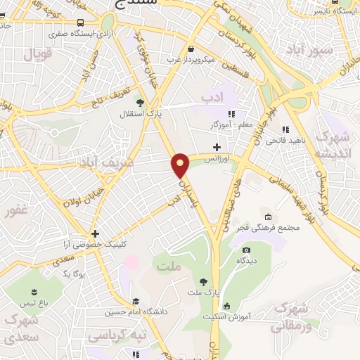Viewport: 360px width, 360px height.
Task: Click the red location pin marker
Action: pyautogui.click(x=181, y=165)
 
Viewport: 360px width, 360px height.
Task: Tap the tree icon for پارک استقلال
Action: pyautogui.click(x=139, y=103)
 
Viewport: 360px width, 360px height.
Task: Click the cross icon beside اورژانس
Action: pyautogui.click(x=217, y=146)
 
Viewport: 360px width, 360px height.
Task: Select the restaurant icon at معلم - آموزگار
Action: pyautogui.click(x=231, y=115)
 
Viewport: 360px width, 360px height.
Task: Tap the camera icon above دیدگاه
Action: pyautogui.click(x=246, y=250)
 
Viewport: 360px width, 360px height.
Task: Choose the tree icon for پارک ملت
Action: pyautogui.click(x=204, y=281)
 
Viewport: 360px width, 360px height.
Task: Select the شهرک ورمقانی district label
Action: pyautogui.click(x=290, y=317)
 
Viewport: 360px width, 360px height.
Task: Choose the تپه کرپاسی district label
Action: pyautogui.click(x=111, y=335)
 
